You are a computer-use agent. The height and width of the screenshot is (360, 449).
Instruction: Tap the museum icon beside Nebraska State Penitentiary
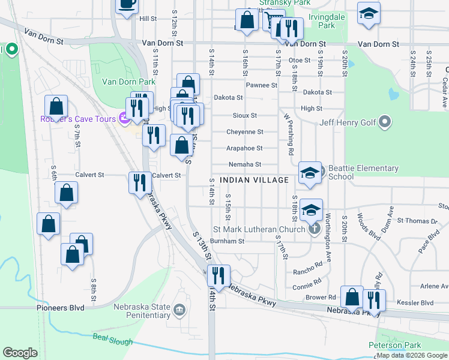coord(179,310)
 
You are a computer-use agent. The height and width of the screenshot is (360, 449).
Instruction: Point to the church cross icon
coord(313,229)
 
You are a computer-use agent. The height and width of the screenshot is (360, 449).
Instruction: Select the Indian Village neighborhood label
coord(254,180)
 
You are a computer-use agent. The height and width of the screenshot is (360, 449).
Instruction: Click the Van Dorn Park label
coord(128,82)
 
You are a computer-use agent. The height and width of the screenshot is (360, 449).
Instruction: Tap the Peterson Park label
coord(395,345)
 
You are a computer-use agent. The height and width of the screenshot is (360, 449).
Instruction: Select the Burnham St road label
coord(228,241)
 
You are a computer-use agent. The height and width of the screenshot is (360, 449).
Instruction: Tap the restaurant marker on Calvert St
coord(140,182)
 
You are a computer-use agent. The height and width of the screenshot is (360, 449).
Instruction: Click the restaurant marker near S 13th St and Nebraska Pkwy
coord(218,275)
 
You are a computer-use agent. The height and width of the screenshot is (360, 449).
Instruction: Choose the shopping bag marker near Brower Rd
coord(352,297)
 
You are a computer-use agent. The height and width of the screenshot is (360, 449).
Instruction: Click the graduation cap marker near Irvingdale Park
coord(368,13)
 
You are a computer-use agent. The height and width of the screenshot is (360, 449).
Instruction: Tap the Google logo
coord(20,353)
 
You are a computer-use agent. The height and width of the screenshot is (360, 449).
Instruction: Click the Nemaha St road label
coord(245,164)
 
